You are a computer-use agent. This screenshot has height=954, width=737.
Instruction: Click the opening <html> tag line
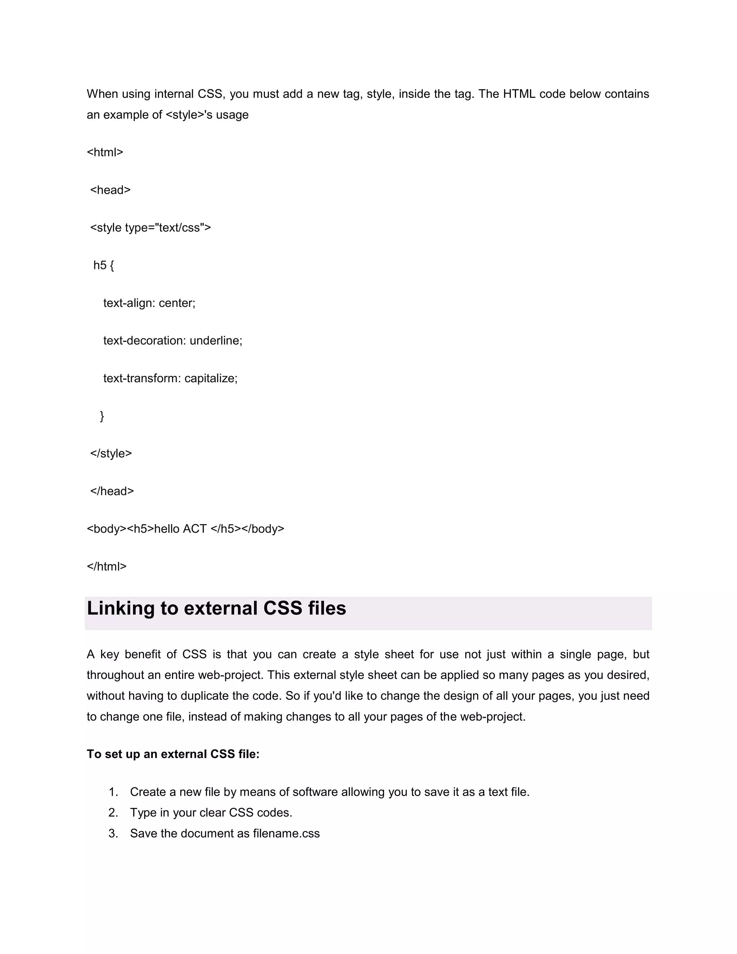(105, 152)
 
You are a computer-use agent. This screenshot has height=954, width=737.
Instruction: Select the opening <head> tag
(110, 190)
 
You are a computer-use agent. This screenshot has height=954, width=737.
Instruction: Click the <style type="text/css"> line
(150, 228)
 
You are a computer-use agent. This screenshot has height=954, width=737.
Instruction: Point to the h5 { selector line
(104, 265)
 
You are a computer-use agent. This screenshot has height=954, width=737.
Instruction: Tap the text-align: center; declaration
(149, 303)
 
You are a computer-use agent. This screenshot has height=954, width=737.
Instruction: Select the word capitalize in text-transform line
(211, 378)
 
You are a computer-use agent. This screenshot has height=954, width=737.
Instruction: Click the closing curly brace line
(102, 416)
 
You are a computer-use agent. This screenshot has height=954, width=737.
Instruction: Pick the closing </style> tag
(111, 453)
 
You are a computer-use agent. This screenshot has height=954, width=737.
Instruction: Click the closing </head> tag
(112, 491)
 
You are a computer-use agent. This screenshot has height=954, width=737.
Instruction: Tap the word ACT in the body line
(195, 529)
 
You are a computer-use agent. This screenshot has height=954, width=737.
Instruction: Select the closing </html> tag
(107, 567)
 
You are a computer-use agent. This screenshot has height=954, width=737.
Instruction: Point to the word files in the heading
(327, 608)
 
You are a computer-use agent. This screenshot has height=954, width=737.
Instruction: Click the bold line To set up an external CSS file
(173, 754)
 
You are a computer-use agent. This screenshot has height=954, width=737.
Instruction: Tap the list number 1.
(113, 792)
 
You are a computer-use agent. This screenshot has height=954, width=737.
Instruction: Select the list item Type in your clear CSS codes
(211, 813)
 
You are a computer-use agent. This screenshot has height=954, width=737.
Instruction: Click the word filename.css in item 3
(286, 833)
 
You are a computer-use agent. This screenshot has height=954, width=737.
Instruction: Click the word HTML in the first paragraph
(519, 94)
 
